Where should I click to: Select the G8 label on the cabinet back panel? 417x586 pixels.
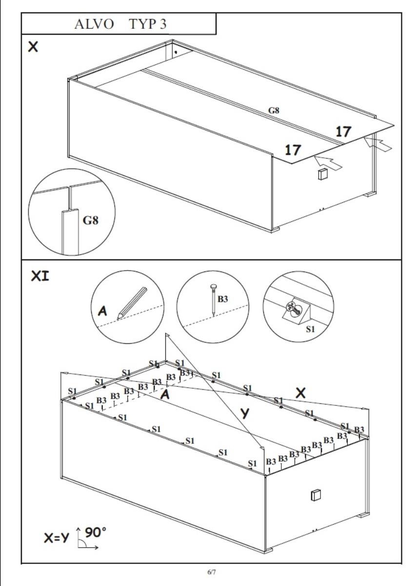coord(274,110)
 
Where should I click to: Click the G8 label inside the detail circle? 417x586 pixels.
coord(91,220)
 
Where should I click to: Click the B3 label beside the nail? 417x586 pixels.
coord(222,299)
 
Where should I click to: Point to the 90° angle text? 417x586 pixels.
coord(96,531)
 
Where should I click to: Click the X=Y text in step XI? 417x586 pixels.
coord(57,539)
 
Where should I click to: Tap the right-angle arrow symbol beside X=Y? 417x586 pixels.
coord(86,540)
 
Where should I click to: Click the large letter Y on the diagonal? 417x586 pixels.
coord(247,413)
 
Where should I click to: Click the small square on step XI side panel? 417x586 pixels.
coord(315,495)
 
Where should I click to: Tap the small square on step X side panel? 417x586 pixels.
coord(322,174)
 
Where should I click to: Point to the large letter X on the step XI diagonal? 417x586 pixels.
coord(300,392)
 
